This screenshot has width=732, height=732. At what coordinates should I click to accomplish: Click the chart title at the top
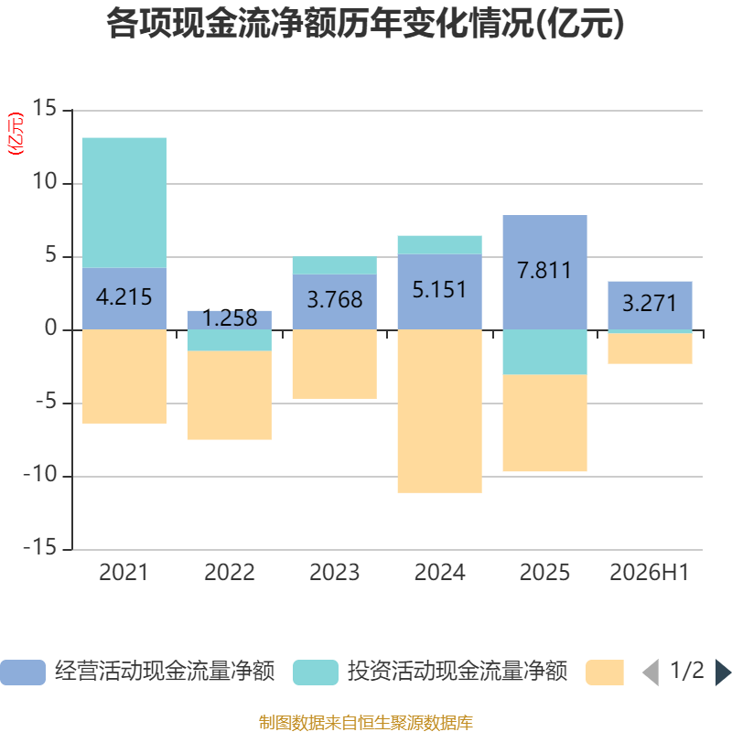click(365, 24)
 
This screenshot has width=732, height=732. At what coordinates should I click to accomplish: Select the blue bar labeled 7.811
click(544, 272)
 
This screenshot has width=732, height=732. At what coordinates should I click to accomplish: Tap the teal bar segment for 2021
click(124, 202)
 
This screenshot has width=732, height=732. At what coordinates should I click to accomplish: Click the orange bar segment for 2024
click(440, 411)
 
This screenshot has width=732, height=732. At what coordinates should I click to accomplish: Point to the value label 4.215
click(124, 296)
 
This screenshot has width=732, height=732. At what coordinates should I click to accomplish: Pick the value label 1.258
click(230, 318)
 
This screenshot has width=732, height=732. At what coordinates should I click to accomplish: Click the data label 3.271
click(650, 304)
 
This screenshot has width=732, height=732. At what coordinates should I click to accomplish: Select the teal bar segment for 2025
click(544, 352)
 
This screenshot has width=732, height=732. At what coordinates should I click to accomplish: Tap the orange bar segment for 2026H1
click(650, 349)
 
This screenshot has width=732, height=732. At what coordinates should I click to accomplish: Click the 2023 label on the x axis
click(335, 573)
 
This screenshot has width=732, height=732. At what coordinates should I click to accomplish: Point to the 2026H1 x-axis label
click(650, 573)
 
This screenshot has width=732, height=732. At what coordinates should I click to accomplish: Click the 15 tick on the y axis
click(44, 108)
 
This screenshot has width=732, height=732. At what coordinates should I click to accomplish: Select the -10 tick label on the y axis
click(40, 475)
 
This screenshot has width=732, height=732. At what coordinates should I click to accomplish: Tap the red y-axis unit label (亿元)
click(16, 134)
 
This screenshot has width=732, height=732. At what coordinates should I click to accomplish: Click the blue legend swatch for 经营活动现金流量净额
click(23, 673)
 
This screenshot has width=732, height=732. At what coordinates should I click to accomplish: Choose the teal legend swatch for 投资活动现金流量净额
click(316, 673)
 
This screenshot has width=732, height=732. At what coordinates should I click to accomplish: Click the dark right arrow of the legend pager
click(723, 673)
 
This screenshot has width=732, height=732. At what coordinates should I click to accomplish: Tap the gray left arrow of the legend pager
click(651, 673)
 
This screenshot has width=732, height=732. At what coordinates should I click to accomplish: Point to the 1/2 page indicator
click(687, 671)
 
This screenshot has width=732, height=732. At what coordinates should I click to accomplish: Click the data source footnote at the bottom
click(366, 722)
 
